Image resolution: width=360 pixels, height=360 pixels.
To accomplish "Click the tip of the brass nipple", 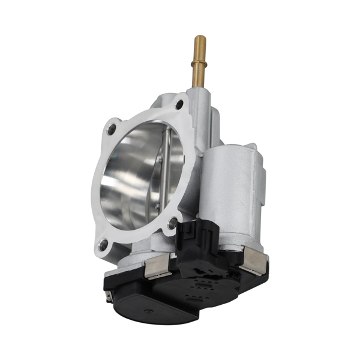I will coord(199,40).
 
